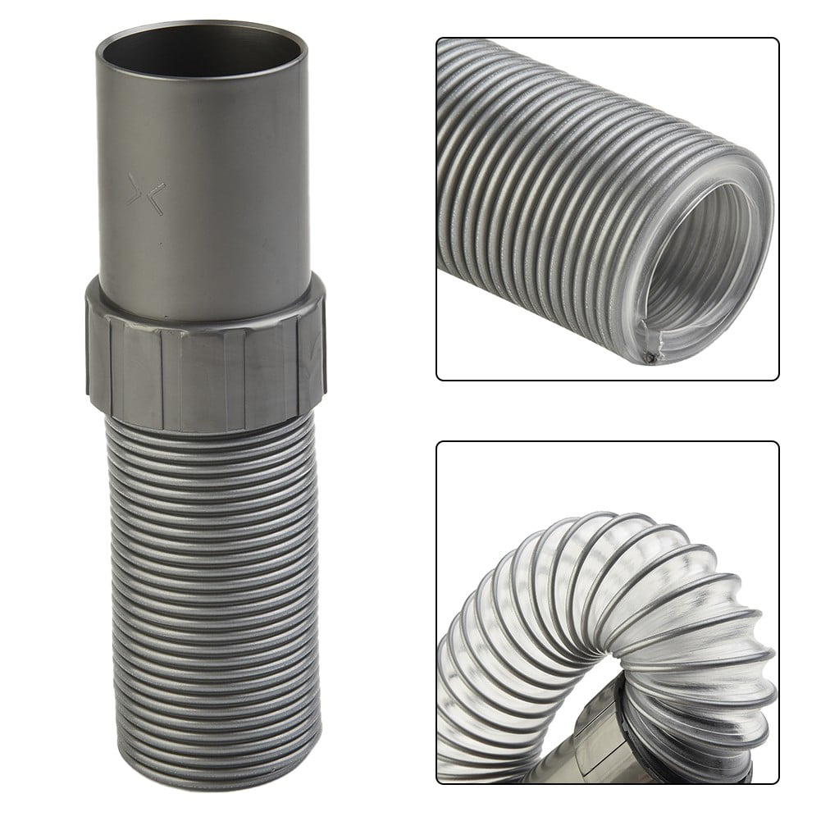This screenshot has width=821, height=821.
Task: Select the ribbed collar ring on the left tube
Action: (x=205, y=357)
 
